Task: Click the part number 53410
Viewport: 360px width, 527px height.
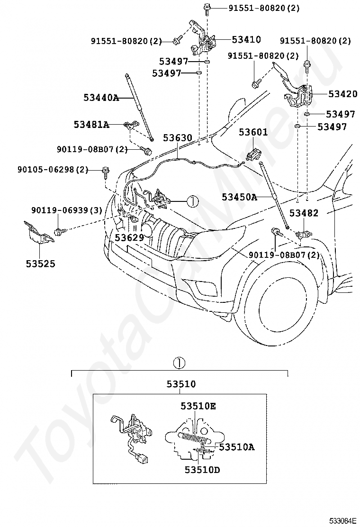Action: (x=246, y=40)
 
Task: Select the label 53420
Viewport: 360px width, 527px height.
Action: (x=343, y=94)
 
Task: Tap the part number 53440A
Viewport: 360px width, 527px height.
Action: (x=101, y=98)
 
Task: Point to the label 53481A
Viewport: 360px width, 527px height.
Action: (x=91, y=125)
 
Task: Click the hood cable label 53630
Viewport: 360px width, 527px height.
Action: (x=178, y=138)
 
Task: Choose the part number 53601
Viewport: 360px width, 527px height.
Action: (x=253, y=132)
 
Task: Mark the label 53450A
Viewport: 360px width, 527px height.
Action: (x=239, y=197)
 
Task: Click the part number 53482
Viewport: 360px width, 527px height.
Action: (x=304, y=213)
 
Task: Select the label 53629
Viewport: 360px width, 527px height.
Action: (x=129, y=237)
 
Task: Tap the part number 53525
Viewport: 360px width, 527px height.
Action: (x=41, y=264)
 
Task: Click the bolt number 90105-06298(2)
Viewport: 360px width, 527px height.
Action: (x=53, y=170)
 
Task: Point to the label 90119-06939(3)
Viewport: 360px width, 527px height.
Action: (x=67, y=210)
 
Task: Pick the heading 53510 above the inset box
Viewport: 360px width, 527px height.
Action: (x=181, y=384)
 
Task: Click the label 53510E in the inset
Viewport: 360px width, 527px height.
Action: (x=198, y=406)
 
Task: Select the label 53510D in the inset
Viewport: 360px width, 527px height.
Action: (x=202, y=470)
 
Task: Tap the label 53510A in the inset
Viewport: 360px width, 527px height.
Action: (x=237, y=447)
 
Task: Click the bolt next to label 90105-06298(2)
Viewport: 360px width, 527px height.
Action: (x=105, y=172)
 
